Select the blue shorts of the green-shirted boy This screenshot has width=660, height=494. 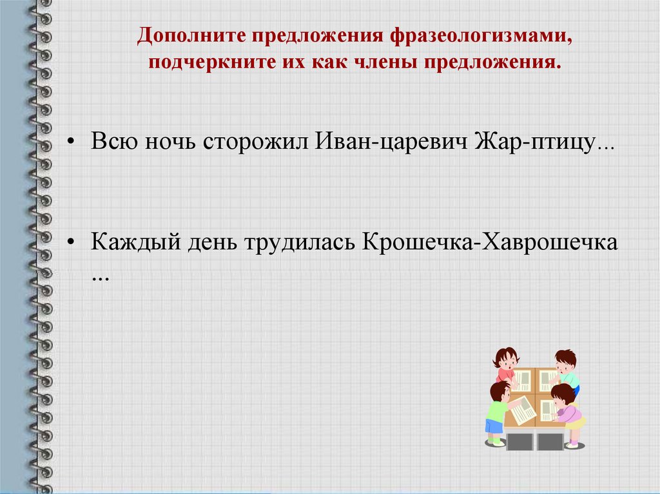pyautogui.click(x=494, y=426)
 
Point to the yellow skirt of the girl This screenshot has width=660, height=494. pyautogui.click(x=576, y=423)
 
